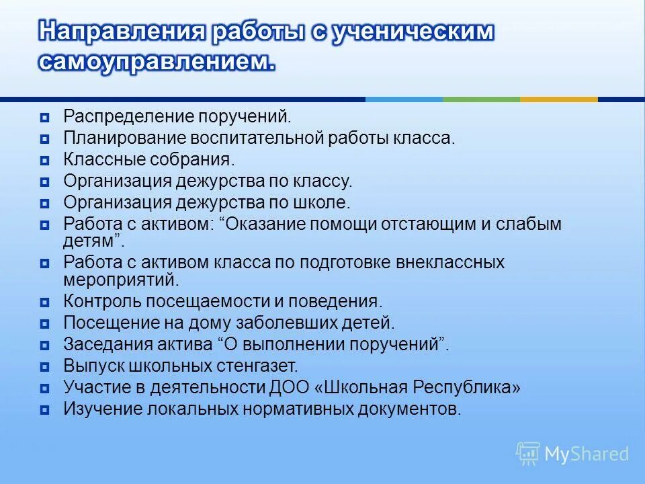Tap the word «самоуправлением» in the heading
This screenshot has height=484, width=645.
coord(157,63)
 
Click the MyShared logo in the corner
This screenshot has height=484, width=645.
coord(572,454)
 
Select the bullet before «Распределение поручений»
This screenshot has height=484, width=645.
coord(44,118)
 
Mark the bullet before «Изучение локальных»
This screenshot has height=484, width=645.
coord(44,409)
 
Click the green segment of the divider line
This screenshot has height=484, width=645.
coord(481,99)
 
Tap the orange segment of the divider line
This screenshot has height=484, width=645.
coord(558,99)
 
